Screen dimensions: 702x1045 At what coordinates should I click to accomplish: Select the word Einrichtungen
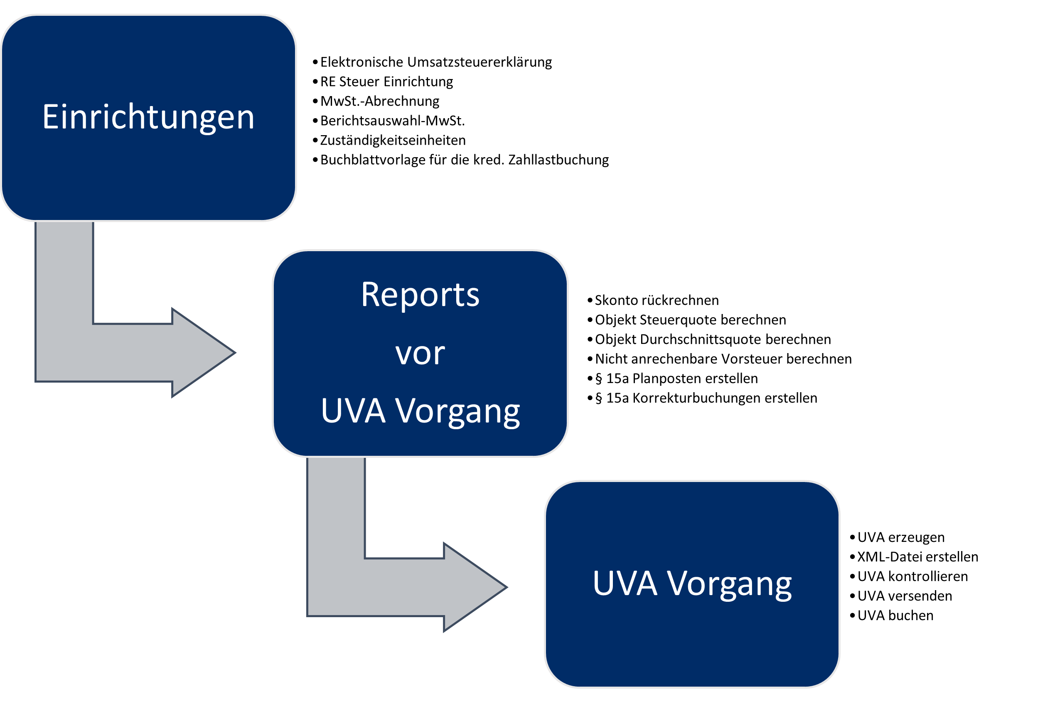coord(148,117)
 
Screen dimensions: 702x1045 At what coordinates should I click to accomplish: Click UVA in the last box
coord(625,583)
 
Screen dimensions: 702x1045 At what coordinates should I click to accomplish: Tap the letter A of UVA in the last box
coord(647,583)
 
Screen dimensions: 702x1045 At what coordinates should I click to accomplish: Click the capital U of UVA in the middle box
coord(332,410)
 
